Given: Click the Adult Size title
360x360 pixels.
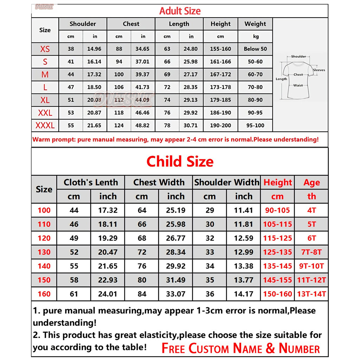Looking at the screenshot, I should tap(180, 11).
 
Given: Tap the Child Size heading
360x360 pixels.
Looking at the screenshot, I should tap(180, 161).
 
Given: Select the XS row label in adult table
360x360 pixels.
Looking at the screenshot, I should tap(45, 49).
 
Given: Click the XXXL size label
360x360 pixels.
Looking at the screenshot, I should tap(45, 126).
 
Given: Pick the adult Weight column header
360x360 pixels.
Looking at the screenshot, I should tap(255, 24).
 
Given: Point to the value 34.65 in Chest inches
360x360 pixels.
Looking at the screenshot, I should tap(142, 49).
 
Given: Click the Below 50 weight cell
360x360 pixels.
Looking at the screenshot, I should tap(255, 49).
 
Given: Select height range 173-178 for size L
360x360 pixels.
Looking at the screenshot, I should tap(220, 87).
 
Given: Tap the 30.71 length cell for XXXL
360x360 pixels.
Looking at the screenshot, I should tap(191, 126).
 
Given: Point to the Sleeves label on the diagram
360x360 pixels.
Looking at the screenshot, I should tap(319, 70).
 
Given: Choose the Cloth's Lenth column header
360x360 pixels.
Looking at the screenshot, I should tap(91, 182).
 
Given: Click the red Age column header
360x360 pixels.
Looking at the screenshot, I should tap(312, 182).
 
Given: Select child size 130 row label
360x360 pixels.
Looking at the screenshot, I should tap(44, 252).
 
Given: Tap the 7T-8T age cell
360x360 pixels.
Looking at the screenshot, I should tap(312, 252).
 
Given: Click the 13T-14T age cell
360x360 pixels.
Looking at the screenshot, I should tap(312, 294).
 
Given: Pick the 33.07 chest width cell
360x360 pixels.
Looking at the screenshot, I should tap(175, 294).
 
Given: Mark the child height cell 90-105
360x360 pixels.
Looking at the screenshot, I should tap(277, 210).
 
